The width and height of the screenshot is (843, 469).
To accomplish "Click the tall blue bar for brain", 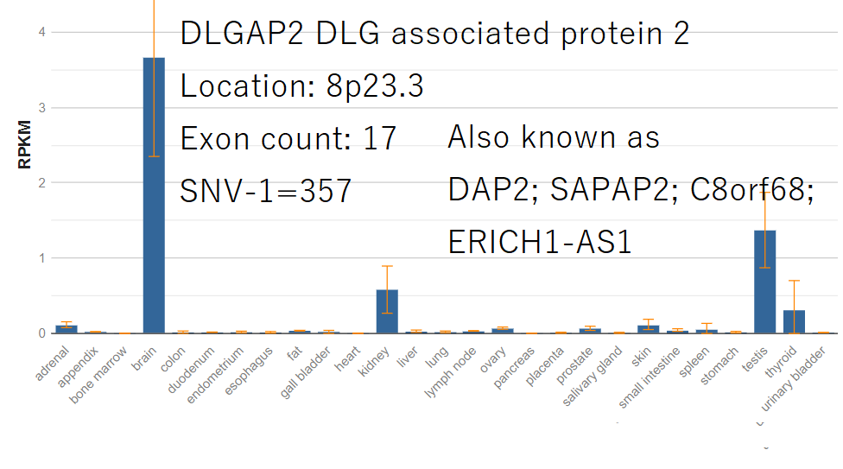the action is click(x=154, y=195).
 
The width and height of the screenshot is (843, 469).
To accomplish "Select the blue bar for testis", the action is click(x=765, y=282).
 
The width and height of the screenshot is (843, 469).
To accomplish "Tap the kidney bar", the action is click(x=387, y=312).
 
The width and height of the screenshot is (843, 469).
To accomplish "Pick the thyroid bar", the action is click(x=794, y=321).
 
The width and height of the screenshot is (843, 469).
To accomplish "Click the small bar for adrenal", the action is click(x=67, y=329).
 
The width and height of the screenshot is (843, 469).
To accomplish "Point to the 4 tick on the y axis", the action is click(x=42, y=32).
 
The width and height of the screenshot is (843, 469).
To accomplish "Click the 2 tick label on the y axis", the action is click(x=42, y=183).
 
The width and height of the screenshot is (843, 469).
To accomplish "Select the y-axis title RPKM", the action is click(x=24, y=145).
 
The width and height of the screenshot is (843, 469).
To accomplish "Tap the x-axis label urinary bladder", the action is click(x=794, y=379).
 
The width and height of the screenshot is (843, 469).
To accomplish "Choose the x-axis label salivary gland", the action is click(x=593, y=376).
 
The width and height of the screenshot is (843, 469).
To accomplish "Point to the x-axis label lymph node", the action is click(x=451, y=373).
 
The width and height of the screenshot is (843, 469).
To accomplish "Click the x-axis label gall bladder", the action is click(x=306, y=373).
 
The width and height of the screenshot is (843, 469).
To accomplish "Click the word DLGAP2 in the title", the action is click(x=242, y=34).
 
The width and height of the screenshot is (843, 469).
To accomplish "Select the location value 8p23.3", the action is click(x=375, y=86).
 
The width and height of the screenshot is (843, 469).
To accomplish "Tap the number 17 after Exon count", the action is click(x=379, y=139).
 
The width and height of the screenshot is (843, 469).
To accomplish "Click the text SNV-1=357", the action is click(x=265, y=191).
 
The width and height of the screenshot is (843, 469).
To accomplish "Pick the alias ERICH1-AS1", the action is click(x=539, y=242).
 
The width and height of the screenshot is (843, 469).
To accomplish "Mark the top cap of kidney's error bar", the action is click(x=387, y=266).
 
